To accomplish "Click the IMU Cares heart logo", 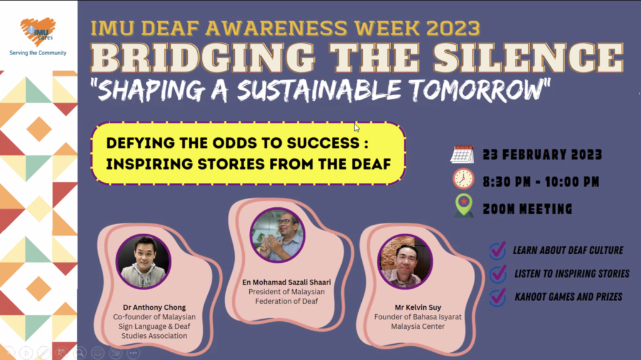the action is (38, 31).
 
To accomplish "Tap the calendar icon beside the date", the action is (462, 155).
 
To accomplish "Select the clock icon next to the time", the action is (463, 179).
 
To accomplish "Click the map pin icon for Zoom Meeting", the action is (464, 205).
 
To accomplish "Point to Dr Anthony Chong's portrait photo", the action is (143, 262).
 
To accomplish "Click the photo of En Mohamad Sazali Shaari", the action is (277, 235).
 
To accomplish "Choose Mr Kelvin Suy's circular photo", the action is (405, 262).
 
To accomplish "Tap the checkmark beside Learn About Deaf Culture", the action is (498, 250).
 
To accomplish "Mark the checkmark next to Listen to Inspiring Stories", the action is (498, 273).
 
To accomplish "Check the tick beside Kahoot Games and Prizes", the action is (498, 297).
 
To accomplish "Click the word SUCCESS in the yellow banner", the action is (323, 143).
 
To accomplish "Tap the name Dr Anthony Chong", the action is (154, 307).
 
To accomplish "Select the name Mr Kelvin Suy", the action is (418, 307).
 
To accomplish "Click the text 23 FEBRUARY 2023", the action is (542, 155).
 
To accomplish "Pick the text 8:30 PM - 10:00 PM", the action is (541, 182).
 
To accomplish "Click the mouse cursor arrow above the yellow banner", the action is (357, 128).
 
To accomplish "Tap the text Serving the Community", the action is (38, 53).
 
